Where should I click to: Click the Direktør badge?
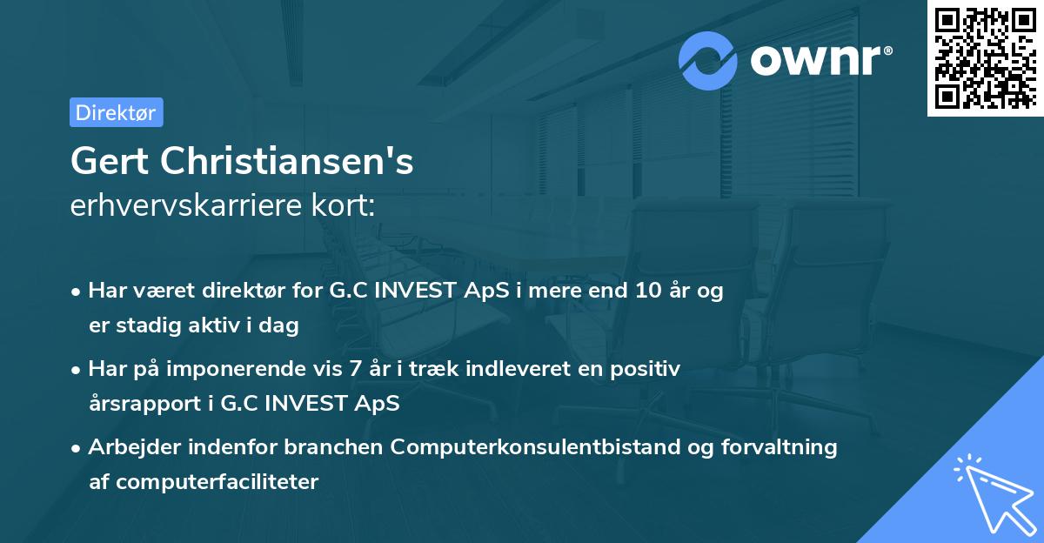click(116, 112)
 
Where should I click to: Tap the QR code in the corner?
click(985, 58)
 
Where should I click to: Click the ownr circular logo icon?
click(708, 60)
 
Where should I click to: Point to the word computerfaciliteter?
click(204, 481)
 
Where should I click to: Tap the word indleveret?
click(505, 369)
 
